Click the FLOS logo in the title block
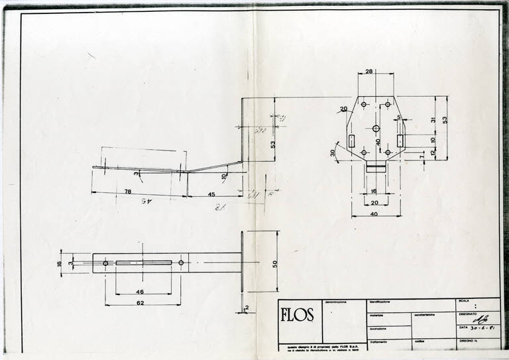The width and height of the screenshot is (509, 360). click(297, 315)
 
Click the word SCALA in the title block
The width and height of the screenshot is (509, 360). click(463, 302)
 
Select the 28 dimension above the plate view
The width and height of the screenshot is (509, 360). click(369, 71)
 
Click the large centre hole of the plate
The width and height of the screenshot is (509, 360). click(376, 128)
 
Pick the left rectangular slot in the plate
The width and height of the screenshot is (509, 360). click(352, 141)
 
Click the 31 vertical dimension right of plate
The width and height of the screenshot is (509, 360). click(432, 119)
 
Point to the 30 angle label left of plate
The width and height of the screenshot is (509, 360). click(333, 152)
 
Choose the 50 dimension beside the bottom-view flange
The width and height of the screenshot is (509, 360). click(274, 263)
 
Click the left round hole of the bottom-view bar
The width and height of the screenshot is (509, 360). click(105, 263)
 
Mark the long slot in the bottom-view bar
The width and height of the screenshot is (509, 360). click(143, 263)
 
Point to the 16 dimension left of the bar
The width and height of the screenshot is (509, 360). click(59, 263)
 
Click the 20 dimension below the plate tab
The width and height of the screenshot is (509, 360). click(375, 202)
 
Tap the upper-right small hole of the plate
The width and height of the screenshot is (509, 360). click(388, 105)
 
